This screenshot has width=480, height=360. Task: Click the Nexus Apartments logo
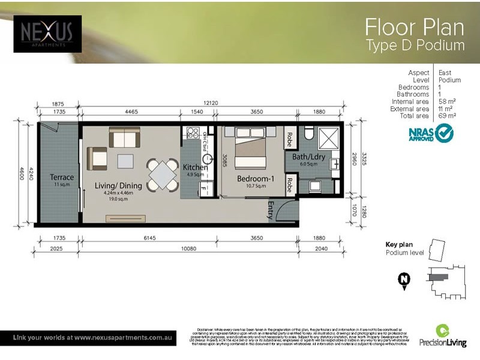(x=47, y=34)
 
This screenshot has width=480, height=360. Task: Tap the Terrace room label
(x=62, y=178)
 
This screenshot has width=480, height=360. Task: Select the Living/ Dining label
(x=119, y=185)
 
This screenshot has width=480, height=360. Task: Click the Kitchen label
(x=195, y=167)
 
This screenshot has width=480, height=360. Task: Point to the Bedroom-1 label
(x=256, y=179)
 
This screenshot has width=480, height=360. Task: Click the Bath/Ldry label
(x=308, y=157)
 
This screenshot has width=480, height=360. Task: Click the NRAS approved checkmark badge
(x=444, y=133)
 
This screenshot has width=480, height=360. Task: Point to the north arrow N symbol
(x=404, y=280)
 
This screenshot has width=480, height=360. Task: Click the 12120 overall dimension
(x=210, y=104)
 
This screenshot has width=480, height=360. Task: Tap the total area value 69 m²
(x=447, y=116)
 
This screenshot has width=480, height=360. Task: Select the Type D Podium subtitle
(x=415, y=46)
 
